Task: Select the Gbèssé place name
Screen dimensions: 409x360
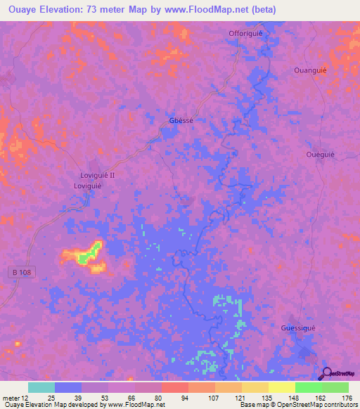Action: pos(181,120)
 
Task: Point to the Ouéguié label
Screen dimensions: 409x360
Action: pos(321,155)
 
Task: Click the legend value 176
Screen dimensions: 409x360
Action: pos(346,397)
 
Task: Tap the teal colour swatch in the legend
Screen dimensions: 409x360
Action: pos(41,387)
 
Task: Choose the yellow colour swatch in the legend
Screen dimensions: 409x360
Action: pos(281,387)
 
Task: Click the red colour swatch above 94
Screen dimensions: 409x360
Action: pos(174,387)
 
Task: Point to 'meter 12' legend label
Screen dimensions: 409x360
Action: pos(14,397)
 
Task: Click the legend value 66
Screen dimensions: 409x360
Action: pos(132,397)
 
